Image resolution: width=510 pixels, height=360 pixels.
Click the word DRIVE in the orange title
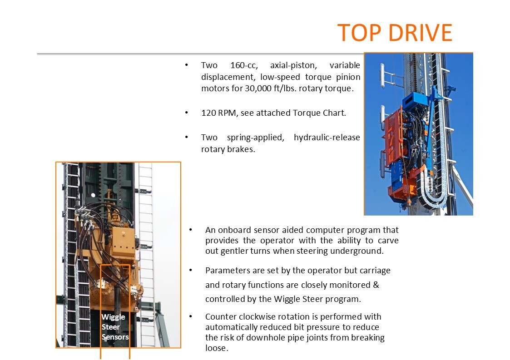coord(421,33)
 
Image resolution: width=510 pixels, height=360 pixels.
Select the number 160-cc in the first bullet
coord(244,65)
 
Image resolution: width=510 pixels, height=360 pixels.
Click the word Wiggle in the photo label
coord(113,317)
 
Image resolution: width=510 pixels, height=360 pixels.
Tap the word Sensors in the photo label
coord(115,337)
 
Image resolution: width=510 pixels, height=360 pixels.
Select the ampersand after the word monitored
coord(376,285)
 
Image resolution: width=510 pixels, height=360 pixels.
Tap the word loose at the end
coord(217,348)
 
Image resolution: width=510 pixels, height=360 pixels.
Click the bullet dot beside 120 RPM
coord(187,113)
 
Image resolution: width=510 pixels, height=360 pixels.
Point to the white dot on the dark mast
coord(93,195)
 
